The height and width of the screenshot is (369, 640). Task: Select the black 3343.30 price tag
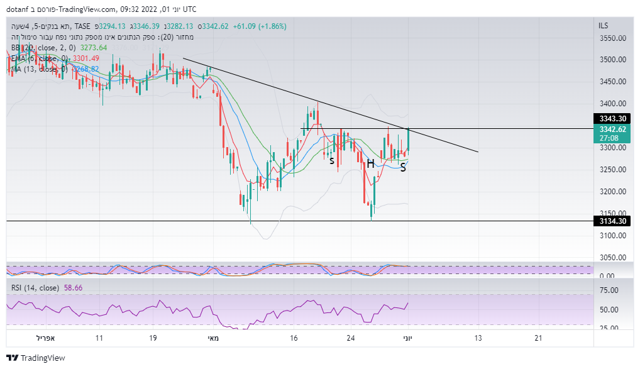tap(612, 119)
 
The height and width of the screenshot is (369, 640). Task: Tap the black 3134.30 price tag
tap(612, 221)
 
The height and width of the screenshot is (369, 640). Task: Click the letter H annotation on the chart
tap(371, 163)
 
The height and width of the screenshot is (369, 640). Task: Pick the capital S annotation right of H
tap(402, 168)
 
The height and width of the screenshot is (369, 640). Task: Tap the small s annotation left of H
tap(332, 161)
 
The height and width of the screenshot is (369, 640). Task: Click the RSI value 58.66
tap(73, 288)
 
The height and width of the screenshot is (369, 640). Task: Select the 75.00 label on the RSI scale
tap(608, 290)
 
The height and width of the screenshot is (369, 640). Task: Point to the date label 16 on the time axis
tap(294, 338)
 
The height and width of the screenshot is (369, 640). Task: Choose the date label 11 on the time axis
tap(99, 338)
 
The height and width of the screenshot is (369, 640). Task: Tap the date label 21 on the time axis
tap(538, 338)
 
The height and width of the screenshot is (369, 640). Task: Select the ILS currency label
tap(604, 26)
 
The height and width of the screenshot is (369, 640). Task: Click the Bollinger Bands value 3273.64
tap(94, 48)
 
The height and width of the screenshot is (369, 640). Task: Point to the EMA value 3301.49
tap(86, 58)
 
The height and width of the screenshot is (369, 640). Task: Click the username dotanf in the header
tap(19, 9)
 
